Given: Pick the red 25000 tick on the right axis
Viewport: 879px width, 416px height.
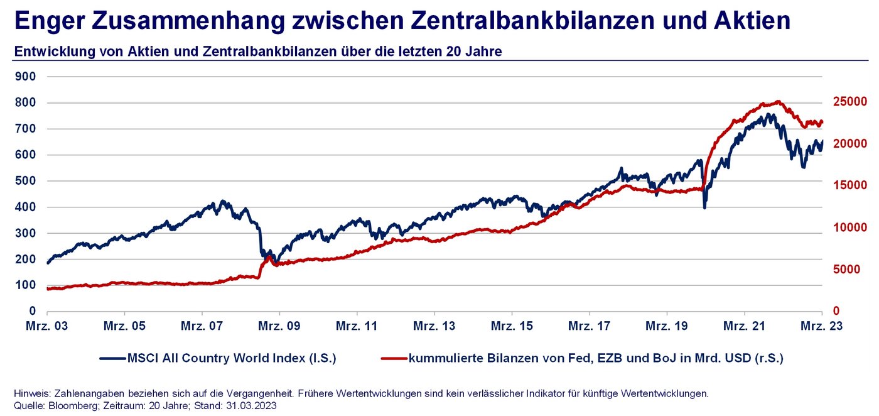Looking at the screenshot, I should coord(849,102).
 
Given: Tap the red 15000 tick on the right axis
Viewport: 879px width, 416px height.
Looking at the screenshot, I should coord(849,185).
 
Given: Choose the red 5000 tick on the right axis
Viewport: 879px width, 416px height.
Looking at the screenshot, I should coord(853,270).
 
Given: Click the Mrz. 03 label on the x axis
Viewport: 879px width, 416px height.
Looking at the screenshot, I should coord(48,326).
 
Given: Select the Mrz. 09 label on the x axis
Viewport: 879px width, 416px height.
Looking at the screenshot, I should coord(280,326).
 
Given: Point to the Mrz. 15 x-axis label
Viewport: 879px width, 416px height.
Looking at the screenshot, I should coord(512,326).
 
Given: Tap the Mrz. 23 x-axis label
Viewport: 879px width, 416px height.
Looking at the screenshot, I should coord(822,326).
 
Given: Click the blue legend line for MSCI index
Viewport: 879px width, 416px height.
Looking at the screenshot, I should coord(112,359).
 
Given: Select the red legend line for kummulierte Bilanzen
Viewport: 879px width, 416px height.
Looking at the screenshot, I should coord(394,359).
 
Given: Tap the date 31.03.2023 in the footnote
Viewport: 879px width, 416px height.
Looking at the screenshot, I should coord(249,405).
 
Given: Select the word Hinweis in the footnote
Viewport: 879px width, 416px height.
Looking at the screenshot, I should coord(29,393).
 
